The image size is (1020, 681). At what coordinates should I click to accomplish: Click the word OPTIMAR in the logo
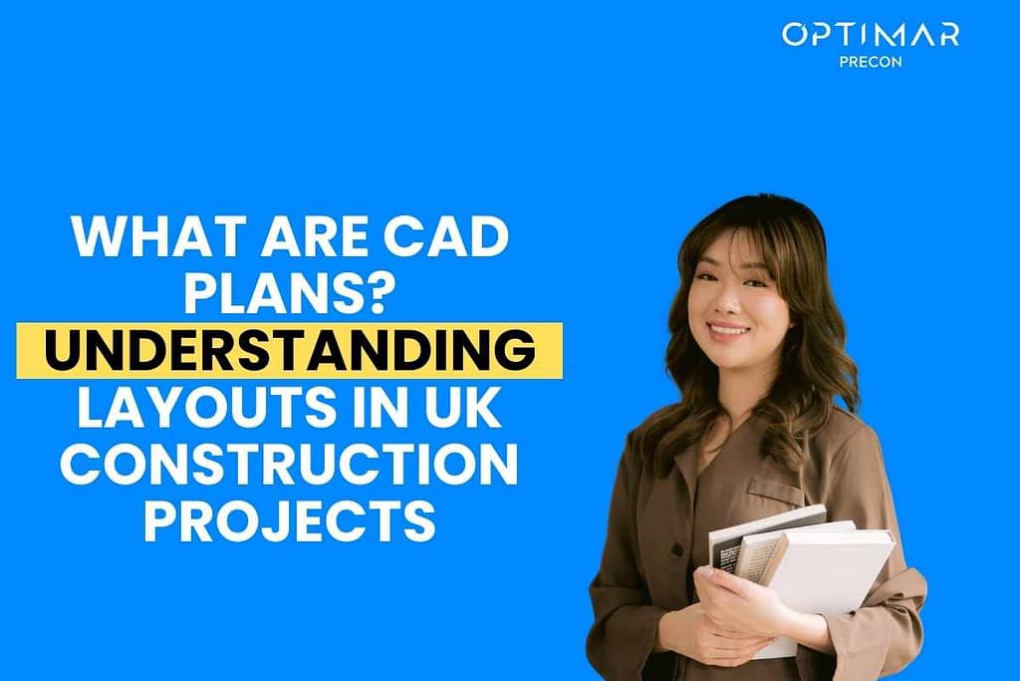tap(870, 35)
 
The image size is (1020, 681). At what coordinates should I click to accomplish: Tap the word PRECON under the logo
tap(871, 60)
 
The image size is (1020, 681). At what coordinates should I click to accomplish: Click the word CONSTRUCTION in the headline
tap(289, 467)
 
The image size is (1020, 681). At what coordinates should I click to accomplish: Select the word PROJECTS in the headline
tap(290, 522)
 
